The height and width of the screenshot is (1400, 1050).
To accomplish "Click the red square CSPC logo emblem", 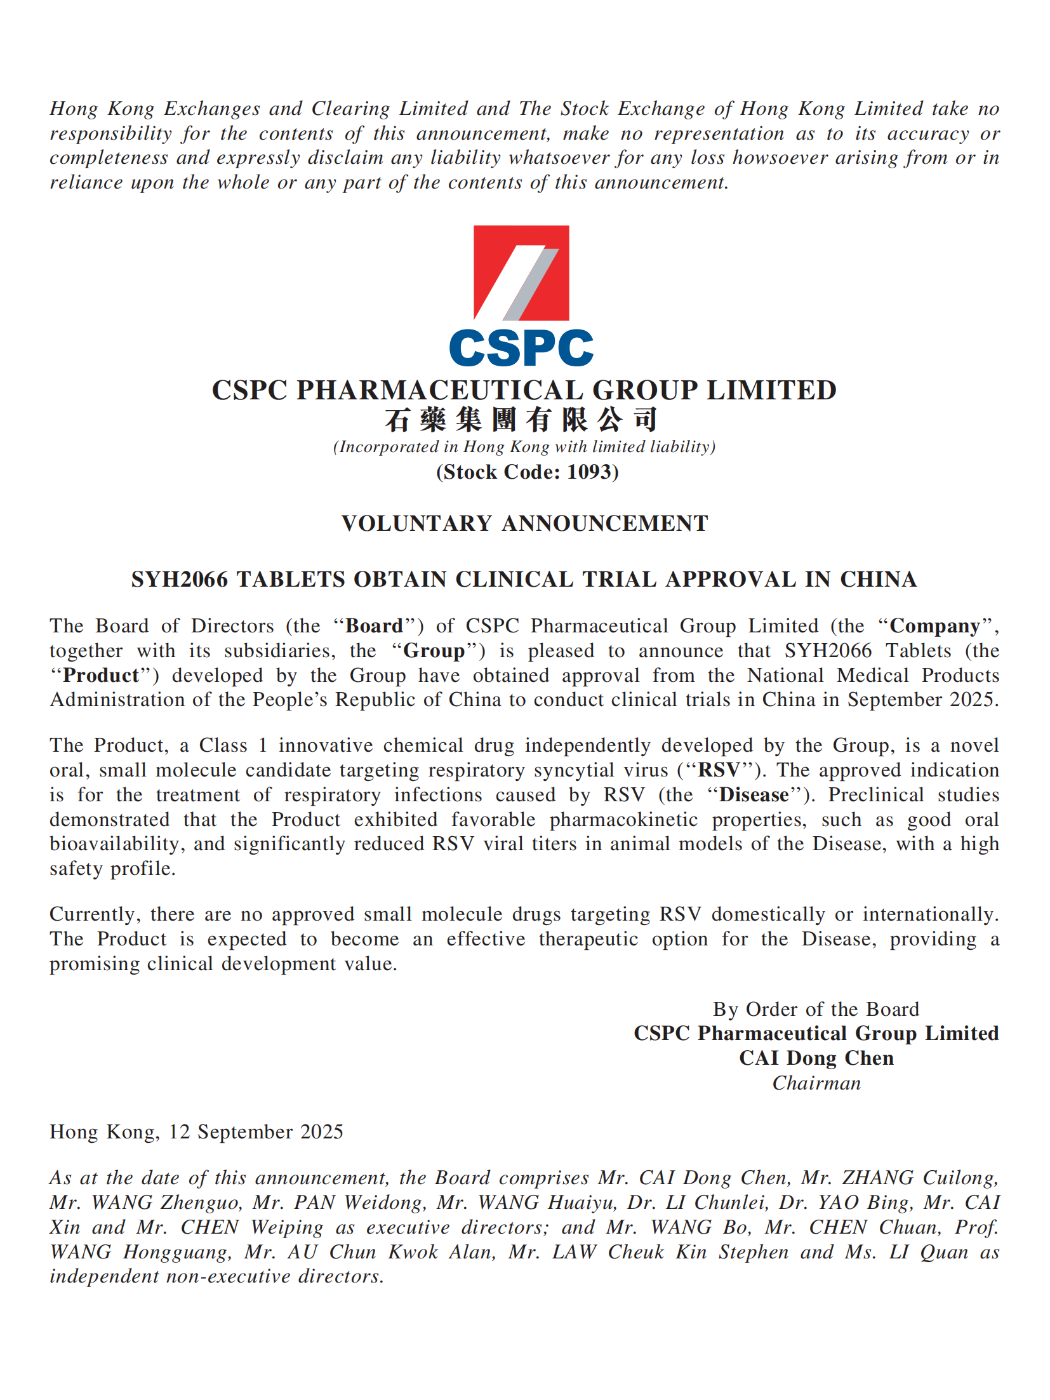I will pos(521,273).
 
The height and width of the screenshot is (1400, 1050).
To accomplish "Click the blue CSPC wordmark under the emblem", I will pos(521,347).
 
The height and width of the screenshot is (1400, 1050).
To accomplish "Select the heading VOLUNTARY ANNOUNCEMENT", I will pos(524,523).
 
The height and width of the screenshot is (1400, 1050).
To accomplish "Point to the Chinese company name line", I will pos(521,420).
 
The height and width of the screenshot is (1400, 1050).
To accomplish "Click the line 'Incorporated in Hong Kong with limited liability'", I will pos(524,447).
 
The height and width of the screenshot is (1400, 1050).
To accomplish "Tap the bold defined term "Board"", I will pos(374,626).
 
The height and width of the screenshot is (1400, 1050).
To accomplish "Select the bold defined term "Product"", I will pos(101,676).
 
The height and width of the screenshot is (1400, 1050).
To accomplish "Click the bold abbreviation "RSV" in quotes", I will pos(719,770).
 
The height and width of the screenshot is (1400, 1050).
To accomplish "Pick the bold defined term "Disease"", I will pos(754,795).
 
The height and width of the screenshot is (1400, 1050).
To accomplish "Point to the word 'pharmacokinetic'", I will pos(623,820).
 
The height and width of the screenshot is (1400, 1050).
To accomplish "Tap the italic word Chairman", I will pos(816,1083).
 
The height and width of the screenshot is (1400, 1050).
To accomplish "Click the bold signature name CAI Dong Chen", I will pos(816,1058).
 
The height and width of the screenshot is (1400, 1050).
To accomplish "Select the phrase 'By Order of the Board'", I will pos(816,1009).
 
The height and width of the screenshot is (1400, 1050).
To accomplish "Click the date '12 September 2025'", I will pos(256,1132).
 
